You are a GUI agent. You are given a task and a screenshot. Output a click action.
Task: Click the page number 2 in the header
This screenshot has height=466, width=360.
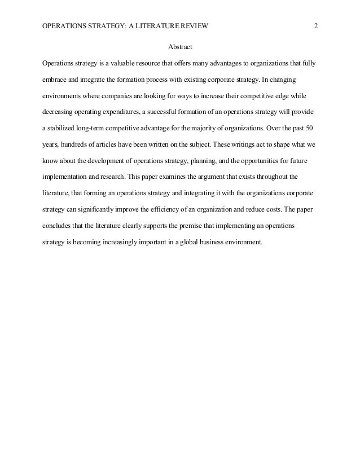(x=317, y=25)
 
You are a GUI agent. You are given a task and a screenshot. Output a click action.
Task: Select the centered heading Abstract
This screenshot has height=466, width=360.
(x=180, y=46)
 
